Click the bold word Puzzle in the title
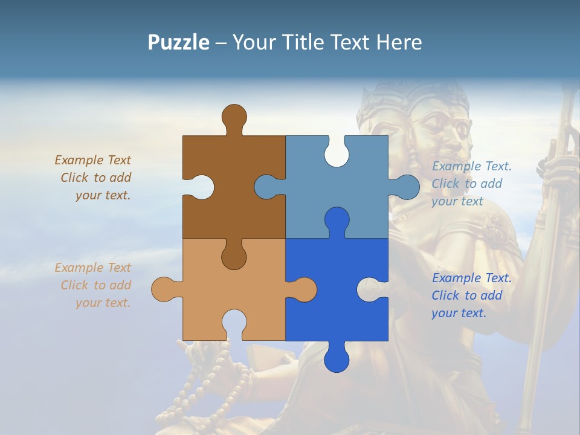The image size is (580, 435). pyautogui.click(x=178, y=42)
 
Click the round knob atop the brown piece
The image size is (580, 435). pyautogui.click(x=234, y=116)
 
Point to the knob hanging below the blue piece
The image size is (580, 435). pyautogui.click(x=337, y=359)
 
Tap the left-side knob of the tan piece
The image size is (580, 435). pyautogui.click(x=163, y=289)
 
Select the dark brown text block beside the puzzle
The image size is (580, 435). pyautogui.click(x=93, y=178)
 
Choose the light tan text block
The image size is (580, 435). pyautogui.click(x=93, y=285)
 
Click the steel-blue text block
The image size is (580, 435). pyautogui.click(x=471, y=184)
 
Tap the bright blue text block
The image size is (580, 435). pyautogui.click(x=471, y=295)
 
